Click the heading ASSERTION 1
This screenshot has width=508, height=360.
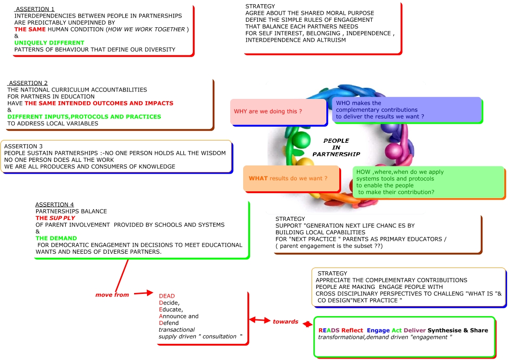pos(35,9)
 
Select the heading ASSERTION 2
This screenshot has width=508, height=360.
pos(28,83)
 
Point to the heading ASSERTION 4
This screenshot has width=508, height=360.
pos(55,205)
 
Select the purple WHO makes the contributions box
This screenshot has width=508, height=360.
pos(407,110)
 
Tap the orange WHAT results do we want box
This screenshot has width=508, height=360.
pos(291,178)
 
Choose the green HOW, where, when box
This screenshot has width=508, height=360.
pos(428,182)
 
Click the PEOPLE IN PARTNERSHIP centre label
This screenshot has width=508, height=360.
pos(336,147)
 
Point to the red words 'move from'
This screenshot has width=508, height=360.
pos(112,295)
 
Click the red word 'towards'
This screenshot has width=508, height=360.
pos(285,322)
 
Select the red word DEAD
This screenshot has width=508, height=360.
pos(167,296)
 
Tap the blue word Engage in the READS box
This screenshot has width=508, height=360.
pos(378,330)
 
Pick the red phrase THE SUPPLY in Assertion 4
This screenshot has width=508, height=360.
pos(55,218)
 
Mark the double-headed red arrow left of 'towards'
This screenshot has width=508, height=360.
pos(260,320)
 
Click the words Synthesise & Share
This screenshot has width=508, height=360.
pos(458,330)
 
